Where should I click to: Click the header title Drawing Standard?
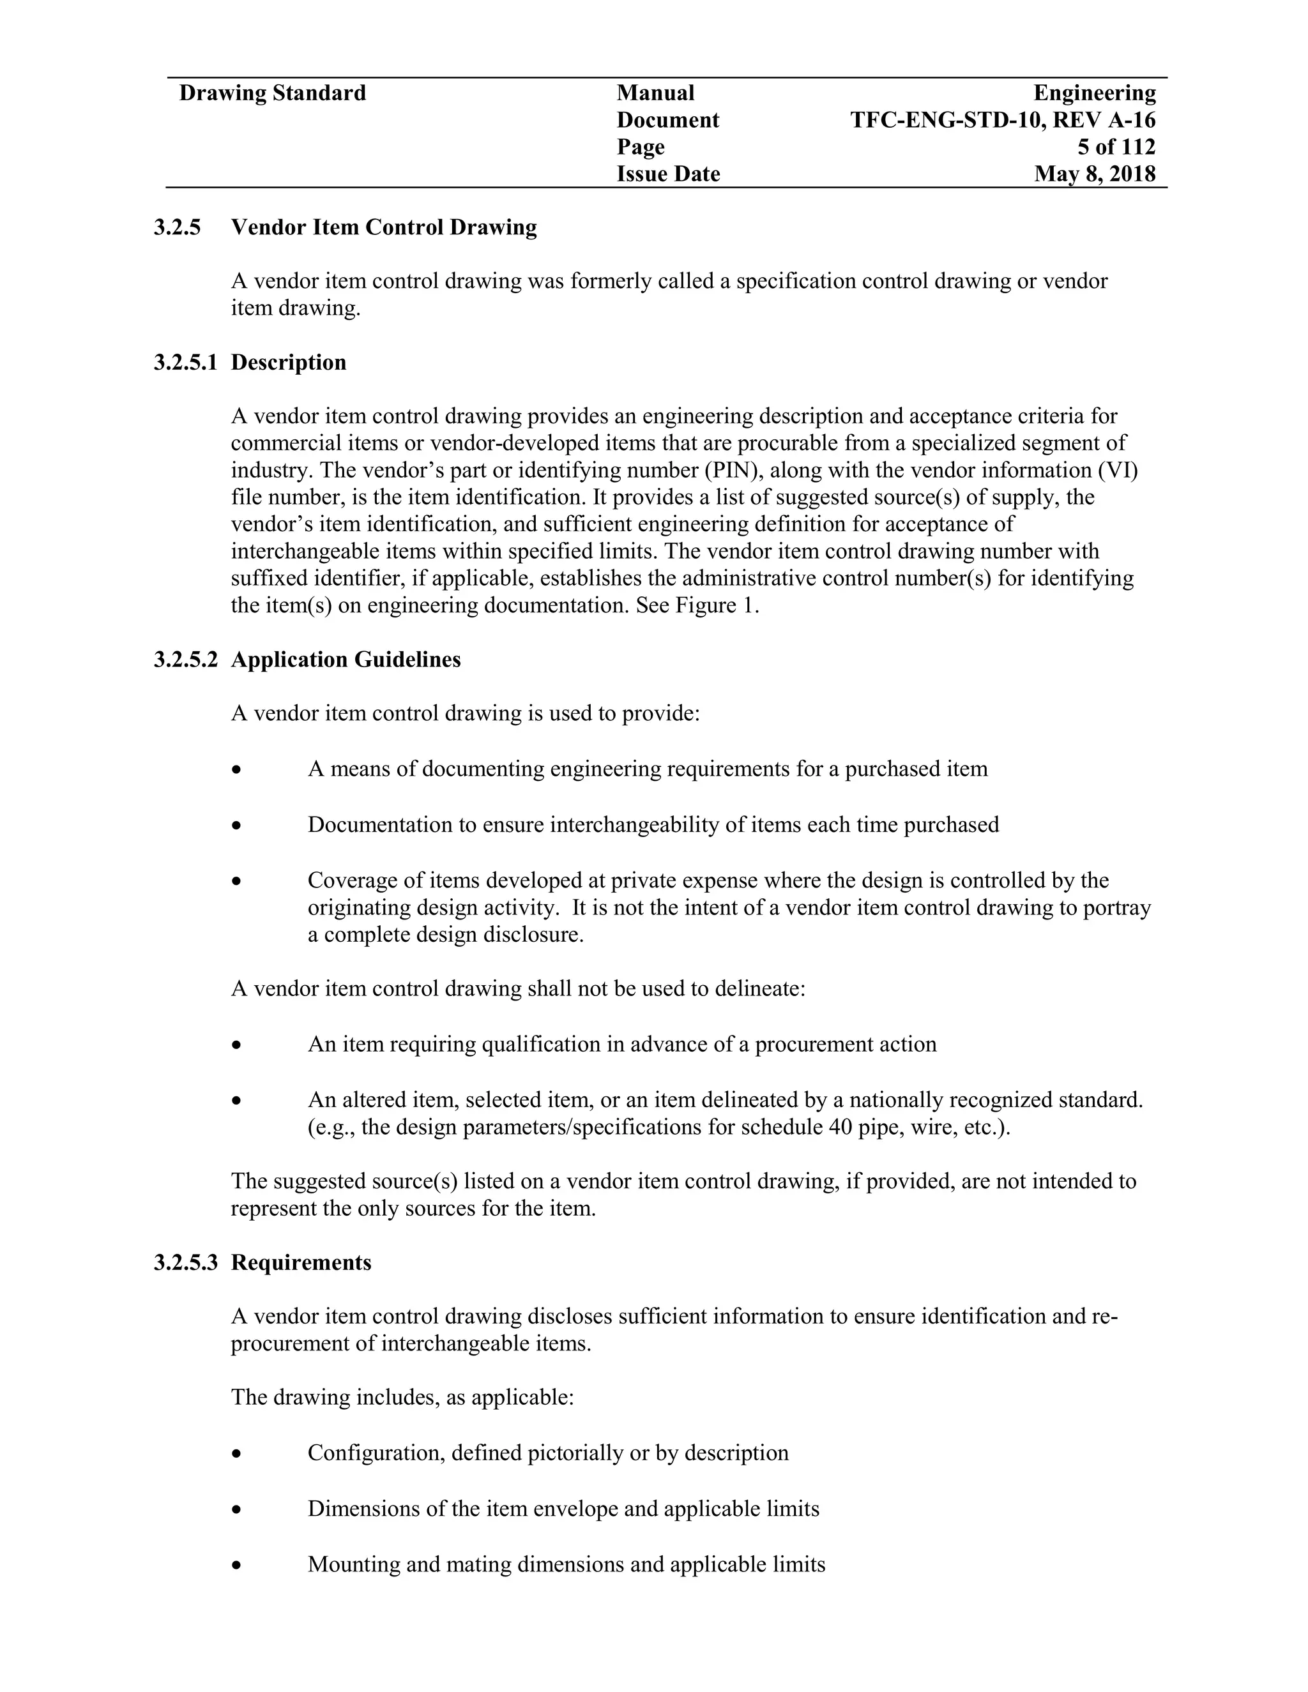pos(272,94)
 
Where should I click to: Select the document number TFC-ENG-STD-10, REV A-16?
pos(1003,121)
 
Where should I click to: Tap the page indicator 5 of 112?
pos(1116,147)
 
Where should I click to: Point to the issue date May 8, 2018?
pos(1094,174)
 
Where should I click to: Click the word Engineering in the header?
pos(1094,94)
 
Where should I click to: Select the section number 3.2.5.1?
pos(185,363)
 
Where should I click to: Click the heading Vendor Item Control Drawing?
pos(384,228)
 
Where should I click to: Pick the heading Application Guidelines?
pos(346,660)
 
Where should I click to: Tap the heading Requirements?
pos(301,1262)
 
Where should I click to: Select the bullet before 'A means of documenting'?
pos(237,770)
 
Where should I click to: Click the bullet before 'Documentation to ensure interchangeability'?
pos(237,826)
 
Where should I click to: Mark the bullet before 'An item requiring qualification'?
pos(237,1046)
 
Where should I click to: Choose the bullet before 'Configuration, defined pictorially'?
pos(237,1454)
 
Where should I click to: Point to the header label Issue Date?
pos(668,174)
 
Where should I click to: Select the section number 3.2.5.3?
pos(185,1262)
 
